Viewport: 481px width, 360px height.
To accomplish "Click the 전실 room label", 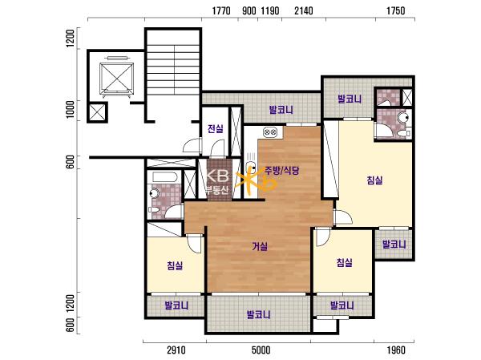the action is [x=216, y=129].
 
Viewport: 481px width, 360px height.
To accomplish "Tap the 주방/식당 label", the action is [x=282, y=171].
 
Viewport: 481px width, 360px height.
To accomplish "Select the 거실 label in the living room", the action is [x=260, y=246].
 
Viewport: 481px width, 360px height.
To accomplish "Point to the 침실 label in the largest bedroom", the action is [x=374, y=180].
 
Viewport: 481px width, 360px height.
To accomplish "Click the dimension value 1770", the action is [x=221, y=11].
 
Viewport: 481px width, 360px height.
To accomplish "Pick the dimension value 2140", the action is [x=304, y=11].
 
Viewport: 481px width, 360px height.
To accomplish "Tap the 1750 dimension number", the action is [x=396, y=11].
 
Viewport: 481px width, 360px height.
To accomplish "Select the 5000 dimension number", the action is [x=261, y=350].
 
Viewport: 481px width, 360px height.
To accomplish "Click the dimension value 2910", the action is [x=176, y=350].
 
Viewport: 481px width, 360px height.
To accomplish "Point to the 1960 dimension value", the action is [x=396, y=350].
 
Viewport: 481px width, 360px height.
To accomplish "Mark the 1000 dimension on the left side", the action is [x=71, y=109].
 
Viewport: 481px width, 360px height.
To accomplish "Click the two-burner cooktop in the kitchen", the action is [x=270, y=132].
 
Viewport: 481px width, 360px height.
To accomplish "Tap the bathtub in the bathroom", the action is [x=164, y=177].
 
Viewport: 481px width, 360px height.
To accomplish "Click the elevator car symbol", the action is [x=116, y=79].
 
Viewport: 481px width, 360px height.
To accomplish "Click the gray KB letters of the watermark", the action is [x=217, y=176].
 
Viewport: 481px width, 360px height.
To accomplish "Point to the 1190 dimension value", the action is [x=270, y=11].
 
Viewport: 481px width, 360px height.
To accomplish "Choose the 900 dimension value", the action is [x=249, y=11].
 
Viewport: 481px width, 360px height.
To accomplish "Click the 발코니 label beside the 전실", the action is [x=281, y=110].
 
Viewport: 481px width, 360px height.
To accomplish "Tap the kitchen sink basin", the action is [x=251, y=168].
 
